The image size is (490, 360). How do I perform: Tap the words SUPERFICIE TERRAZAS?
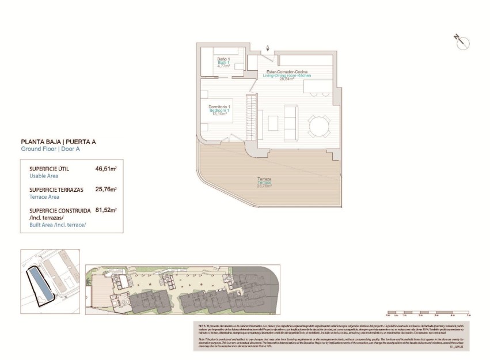pos(56,190)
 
